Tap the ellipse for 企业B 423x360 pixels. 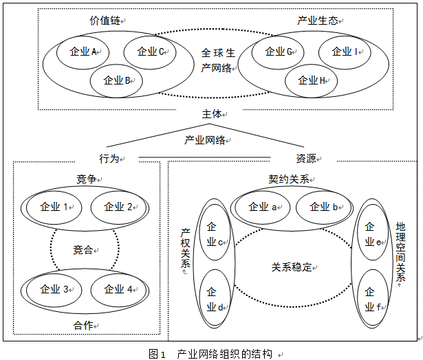point(116,80)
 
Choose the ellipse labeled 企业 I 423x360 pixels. point(344,52)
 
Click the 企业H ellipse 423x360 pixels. point(311,80)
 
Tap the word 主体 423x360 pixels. point(210,115)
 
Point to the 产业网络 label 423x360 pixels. point(205,140)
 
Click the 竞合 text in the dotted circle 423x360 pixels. point(84,250)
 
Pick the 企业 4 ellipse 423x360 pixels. point(116,289)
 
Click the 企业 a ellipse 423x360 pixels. point(262,207)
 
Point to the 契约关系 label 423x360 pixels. point(290,179)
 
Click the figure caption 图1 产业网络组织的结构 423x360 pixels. point(210,354)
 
